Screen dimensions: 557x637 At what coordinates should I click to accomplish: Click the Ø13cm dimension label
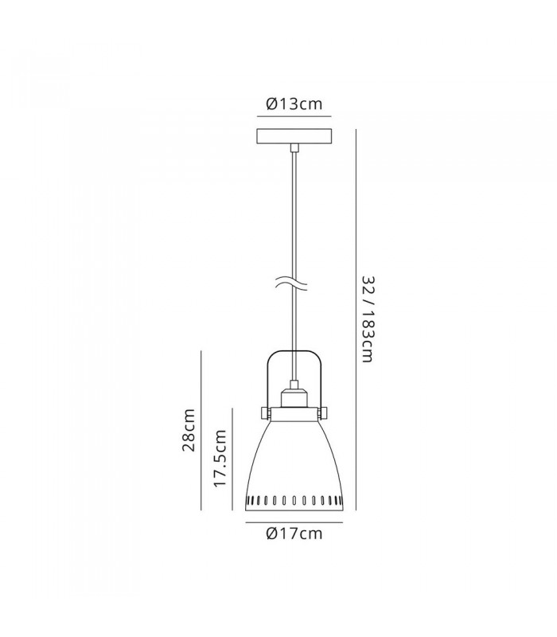click(x=294, y=104)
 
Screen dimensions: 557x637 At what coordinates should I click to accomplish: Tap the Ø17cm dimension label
click(x=294, y=533)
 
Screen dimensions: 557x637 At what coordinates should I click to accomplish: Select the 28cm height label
click(x=189, y=430)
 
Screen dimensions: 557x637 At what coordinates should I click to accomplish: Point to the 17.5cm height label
click(x=220, y=458)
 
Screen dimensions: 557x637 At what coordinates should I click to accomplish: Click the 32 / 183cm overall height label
click(x=367, y=319)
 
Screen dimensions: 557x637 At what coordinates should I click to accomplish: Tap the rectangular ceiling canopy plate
click(x=294, y=136)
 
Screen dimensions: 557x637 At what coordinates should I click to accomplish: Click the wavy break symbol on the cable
click(x=291, y=283)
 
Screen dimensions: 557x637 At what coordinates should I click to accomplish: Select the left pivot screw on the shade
click(x=265, y=413)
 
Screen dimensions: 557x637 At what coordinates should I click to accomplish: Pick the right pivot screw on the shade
click(x=323, y=413)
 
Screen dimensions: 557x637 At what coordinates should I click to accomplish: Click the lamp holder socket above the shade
click(x=294, y=397)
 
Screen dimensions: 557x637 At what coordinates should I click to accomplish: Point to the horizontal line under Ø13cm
click(x=294, y=116)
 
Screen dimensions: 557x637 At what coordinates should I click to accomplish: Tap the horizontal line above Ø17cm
click(x=294, y=522)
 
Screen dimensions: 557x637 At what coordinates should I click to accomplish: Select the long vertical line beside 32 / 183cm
click(x=356, y=319)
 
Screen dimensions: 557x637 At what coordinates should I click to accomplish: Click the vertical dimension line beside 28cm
click(x=201, y=430)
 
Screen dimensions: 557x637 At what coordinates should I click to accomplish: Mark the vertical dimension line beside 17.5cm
click(x=232, y=459)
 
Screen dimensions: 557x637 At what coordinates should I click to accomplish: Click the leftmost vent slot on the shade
click(x=248, y=499)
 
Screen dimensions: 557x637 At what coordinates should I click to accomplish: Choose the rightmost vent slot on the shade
click(x=341, y=499)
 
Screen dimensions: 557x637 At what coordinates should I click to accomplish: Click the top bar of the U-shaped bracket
click(x=294, y=351)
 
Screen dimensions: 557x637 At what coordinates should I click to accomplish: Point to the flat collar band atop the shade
click(x=294, y=414)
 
